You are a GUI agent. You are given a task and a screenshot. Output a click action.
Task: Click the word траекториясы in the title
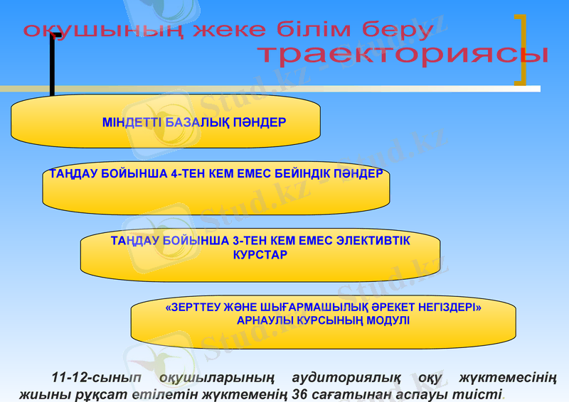pyautogui.click(x=402, y=55)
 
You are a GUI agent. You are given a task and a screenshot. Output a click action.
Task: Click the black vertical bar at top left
pyautogui.click(x=52, y=64)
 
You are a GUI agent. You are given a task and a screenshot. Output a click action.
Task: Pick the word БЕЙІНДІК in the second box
pyautogui.click(x=304, y=173)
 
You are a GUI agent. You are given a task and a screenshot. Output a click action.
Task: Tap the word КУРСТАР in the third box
pyautogui.click(x=260, y=254)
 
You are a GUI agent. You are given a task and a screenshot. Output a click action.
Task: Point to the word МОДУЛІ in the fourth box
pyautogui.click(x=388, y=320)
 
